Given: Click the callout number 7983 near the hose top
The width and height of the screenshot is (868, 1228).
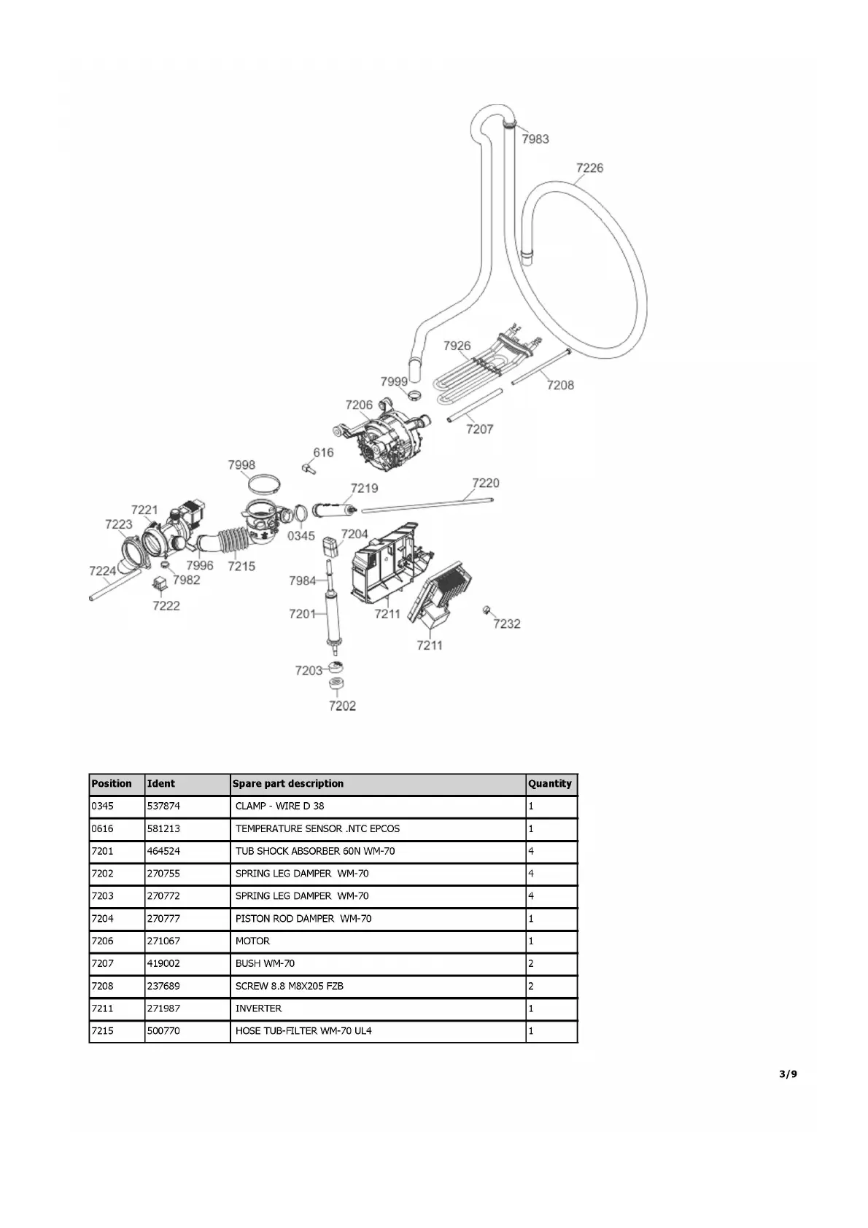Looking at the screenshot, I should pos(535,139).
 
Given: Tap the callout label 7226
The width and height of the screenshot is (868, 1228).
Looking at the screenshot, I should pos(589,168).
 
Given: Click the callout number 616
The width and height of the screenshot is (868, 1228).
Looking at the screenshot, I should pos(323,452).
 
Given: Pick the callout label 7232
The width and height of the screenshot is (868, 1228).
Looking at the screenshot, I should pos(507,623).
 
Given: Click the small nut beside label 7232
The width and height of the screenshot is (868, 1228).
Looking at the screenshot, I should pos(486,610).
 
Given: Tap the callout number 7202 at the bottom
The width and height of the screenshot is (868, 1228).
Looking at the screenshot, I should pos(342,705).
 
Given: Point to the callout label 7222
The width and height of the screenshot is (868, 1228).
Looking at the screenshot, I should pos(166,605).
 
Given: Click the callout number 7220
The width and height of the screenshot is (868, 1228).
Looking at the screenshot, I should pos(485,483).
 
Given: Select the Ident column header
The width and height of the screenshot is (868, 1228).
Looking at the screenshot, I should pos(161,784).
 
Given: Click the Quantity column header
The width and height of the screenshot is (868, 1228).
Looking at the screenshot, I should pos(550,784).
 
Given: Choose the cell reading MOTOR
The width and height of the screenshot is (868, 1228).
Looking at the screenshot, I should pos(252,941).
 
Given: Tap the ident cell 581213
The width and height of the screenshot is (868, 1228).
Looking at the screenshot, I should pos(163,828).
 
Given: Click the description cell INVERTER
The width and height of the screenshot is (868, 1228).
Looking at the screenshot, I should pos(258,1009).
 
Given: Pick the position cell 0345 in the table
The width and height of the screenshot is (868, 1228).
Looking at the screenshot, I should pos(102,806).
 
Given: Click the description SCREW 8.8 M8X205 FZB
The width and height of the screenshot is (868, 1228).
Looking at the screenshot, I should pos(289,986).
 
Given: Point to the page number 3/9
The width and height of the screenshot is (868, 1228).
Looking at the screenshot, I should pos(788,1073).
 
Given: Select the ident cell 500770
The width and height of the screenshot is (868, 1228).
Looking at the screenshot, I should pos(163,1031).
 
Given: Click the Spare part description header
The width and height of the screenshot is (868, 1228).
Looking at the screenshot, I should pos(287,784).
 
